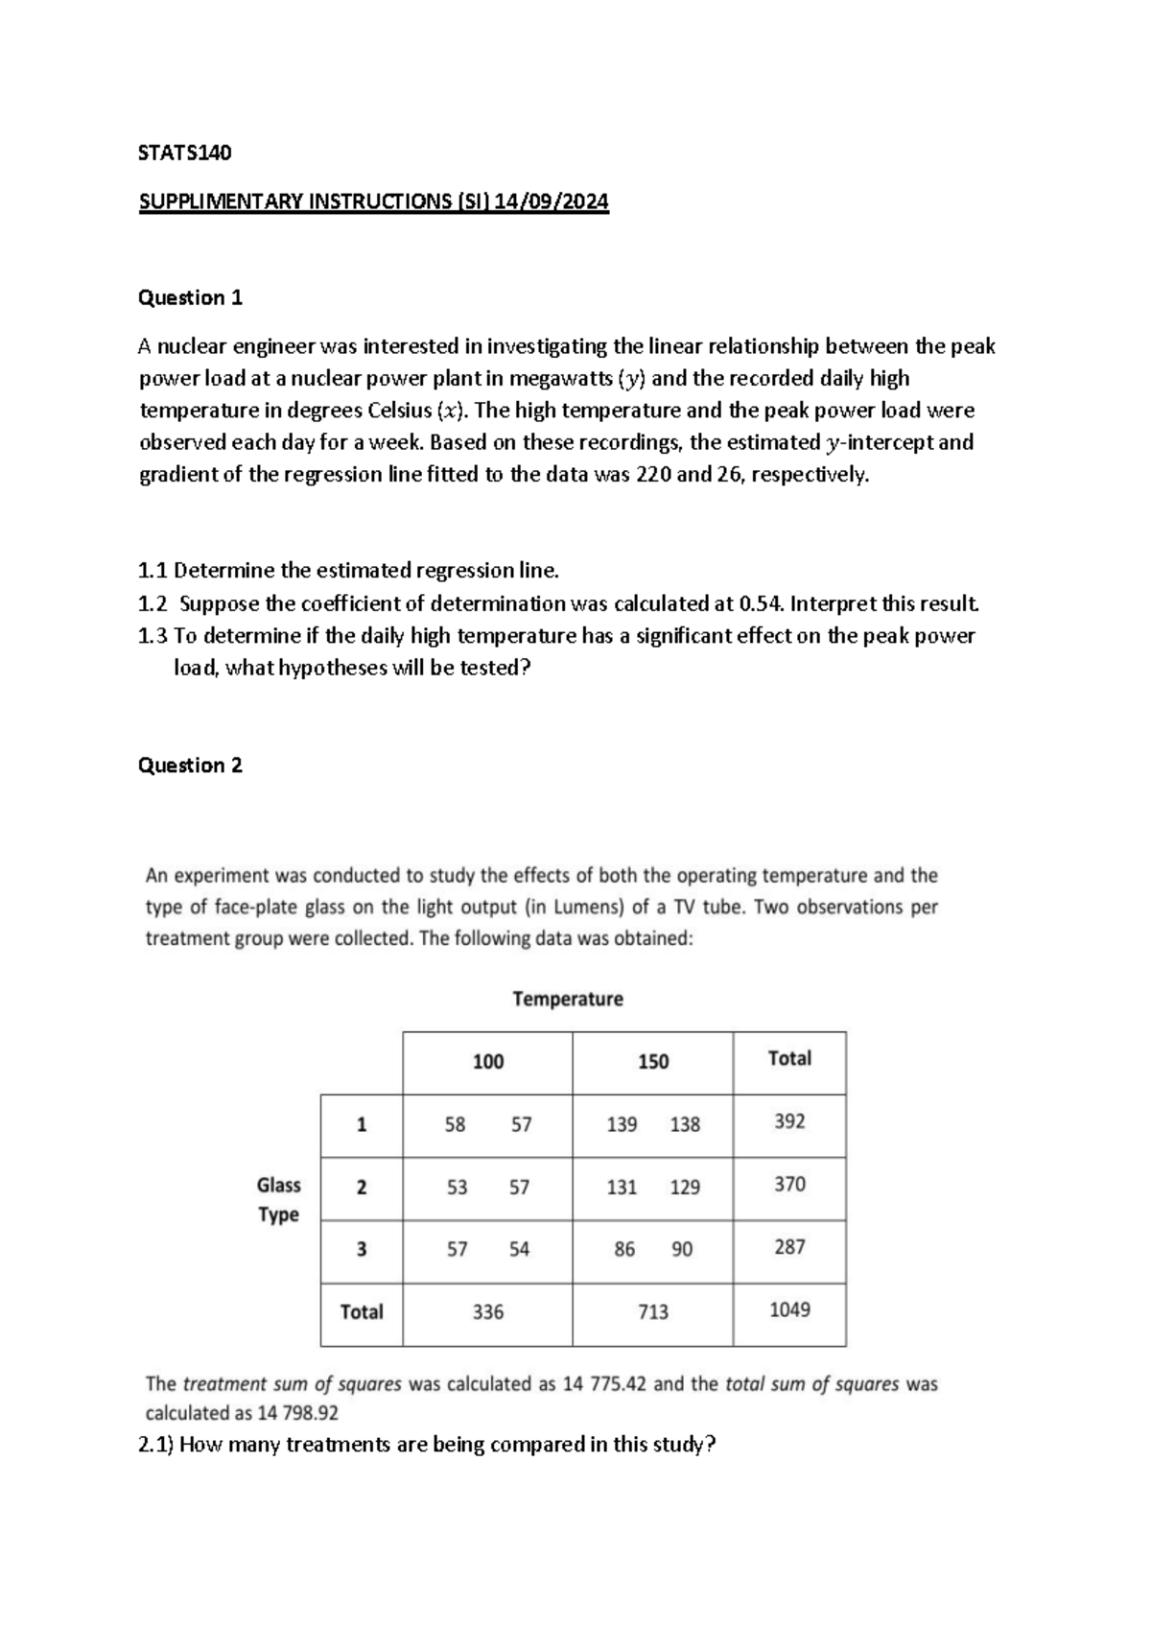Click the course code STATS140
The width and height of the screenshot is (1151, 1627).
[185, 153]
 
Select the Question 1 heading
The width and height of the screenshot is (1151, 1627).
[190, 297]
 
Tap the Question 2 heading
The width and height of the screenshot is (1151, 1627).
[190, 765]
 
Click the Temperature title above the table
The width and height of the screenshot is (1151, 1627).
[567, 999]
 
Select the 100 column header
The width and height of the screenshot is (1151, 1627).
[487, 1062]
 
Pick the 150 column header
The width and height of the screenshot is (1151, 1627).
[652, 1062]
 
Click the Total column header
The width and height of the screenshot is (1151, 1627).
[789, 1058]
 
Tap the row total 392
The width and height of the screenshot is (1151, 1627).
[789, 1121]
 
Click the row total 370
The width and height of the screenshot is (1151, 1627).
[789, 1185]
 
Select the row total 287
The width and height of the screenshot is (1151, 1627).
[789, 1247]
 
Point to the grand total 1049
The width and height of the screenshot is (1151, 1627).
[789, 1309]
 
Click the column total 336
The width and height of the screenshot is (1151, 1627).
[487, 1311]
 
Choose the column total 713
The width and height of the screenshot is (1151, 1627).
[652, 1311]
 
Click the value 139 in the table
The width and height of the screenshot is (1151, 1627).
[622, 1124]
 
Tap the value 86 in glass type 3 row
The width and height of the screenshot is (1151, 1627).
[624, 1249]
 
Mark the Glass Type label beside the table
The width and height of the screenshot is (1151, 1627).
[278, 1199]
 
